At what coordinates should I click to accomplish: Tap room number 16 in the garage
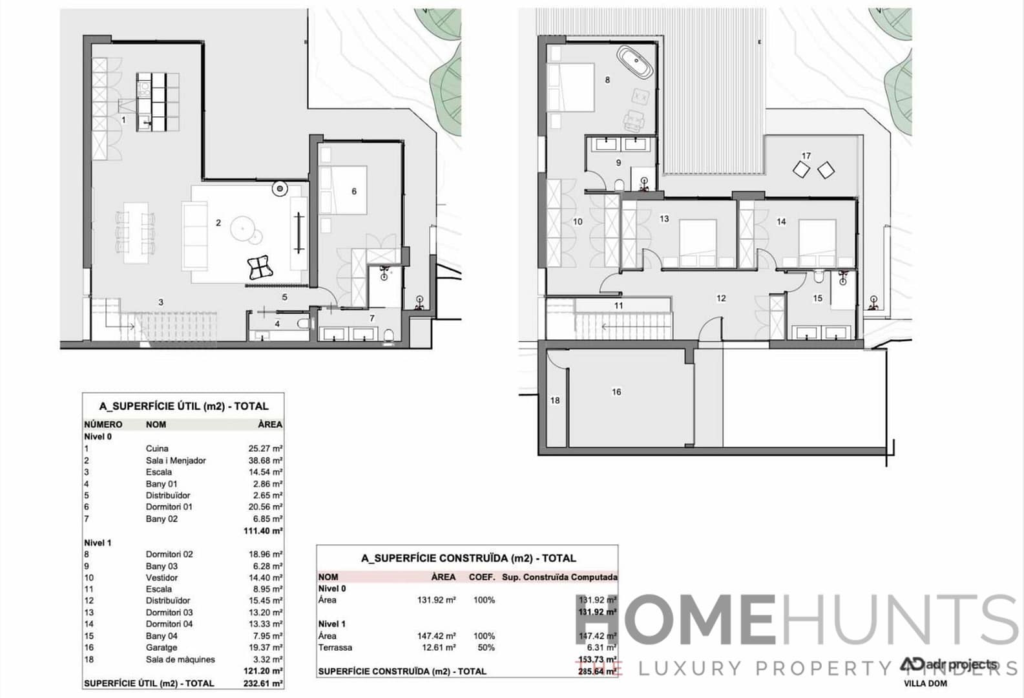click(x=616, y=392)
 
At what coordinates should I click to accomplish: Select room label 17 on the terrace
click(x=806, y=156)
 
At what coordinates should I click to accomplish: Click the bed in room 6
click(x=343, y=191)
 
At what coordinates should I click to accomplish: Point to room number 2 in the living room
click(x=218, y=223)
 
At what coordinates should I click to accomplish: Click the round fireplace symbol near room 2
click(x=280, y=189)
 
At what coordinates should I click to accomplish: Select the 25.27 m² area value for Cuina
click(x=265, y=449)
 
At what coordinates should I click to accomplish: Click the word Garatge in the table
click(x=161, y=648)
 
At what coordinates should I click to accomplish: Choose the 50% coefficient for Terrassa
click(x=484, y=648)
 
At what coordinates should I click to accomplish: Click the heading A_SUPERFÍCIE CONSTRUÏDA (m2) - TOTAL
click(x=468, y=558)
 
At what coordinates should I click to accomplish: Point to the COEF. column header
click(x=482, y=577)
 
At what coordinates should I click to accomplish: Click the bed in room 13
click(x=698, y=242)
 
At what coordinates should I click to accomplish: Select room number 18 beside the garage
click(x=555, y=401)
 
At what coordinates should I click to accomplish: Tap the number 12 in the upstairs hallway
click(x=721, y=299)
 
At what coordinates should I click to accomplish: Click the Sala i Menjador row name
click(x=176, y=461)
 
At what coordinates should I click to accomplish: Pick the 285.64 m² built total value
click(x=597, y=672)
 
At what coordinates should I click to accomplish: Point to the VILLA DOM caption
click(x=925, y=684)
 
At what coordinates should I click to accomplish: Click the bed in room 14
click(x=817, y=242)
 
